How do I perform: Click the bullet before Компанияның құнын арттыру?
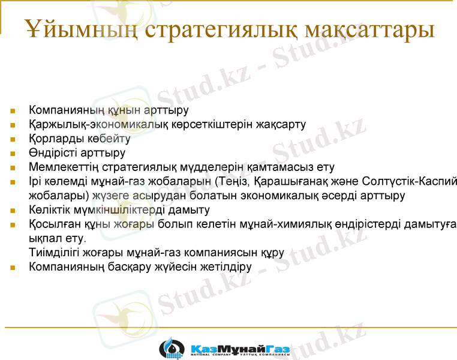[13, 111]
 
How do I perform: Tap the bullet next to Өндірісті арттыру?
[13, 153]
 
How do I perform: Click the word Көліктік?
[51, 210]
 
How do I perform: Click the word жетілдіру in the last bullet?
[228, 266]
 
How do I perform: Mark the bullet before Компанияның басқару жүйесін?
[13, 267]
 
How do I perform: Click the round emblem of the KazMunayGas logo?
[172, 348]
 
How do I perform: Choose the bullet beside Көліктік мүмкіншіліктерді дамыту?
[13, 211]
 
